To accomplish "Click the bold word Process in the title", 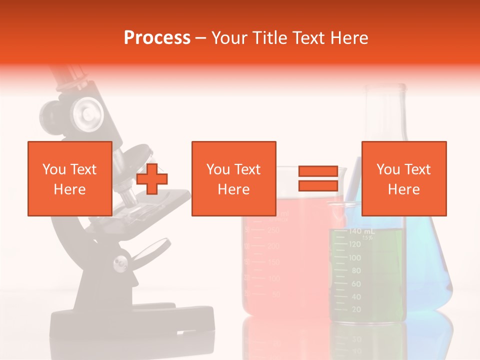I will tap(157, 37).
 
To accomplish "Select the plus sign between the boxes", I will tap(152, 179).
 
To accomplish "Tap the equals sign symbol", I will tap(318, 178).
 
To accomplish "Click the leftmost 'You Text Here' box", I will tap(69, 178).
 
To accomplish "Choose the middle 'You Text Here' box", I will tap(233, 178).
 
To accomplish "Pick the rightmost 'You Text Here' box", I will tap(403, 178).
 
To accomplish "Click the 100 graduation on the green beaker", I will tap(354, 258).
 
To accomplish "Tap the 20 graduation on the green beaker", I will tap(355, 310).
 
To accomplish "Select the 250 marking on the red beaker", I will tap(273, 230).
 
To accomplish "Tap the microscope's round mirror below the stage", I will tap(155, 248).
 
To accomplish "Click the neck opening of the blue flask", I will tap(384, 88).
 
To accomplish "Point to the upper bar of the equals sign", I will tap(318, 171).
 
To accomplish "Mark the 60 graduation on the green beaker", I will tap(355, 284).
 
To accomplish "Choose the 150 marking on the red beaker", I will tap(273, 262).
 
